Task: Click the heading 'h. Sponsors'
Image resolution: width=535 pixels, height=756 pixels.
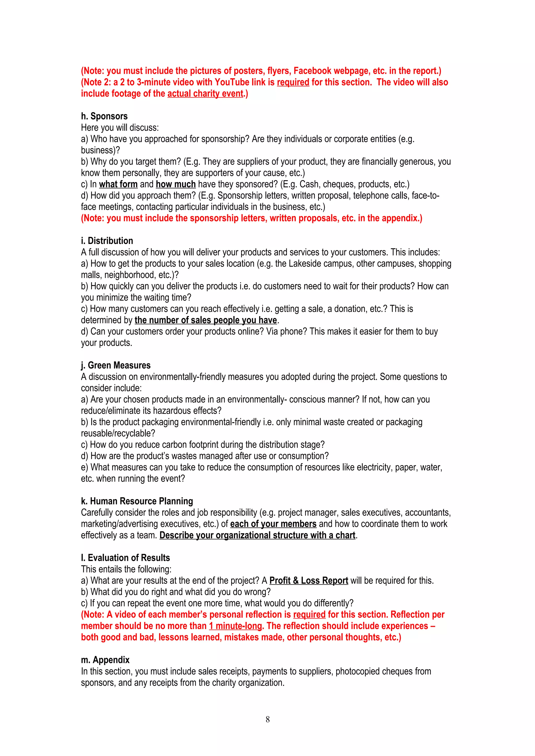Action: click(104, 116)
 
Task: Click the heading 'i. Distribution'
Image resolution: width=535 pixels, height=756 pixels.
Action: click(107, 241)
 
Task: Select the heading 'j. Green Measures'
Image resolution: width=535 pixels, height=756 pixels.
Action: click(116, 365)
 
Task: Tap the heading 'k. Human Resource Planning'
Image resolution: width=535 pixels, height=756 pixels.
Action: click(137, 501)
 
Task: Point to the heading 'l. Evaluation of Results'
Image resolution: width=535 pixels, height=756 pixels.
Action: click(125, 558)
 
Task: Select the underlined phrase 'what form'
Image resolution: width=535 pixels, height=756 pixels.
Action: click(118, 184)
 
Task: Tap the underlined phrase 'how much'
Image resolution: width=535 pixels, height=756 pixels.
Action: click(176, 184)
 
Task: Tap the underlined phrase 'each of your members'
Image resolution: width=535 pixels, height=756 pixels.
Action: click(273, 524)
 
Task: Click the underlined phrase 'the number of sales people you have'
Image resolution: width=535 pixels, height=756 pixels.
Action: click(206, 320)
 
